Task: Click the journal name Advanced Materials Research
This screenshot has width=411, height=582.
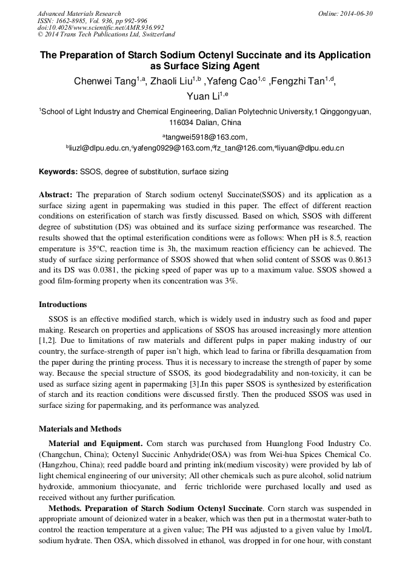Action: [79, 13]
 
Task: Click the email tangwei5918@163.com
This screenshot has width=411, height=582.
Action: [204, 137]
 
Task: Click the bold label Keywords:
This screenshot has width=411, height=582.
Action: [58, 172]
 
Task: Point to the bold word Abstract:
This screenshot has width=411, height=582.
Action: [56, 195]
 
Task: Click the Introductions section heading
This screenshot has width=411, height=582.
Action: [62, 305]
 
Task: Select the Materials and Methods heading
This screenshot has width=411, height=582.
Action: [79, 429]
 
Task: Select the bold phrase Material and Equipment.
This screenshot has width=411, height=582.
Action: [94, 444]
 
